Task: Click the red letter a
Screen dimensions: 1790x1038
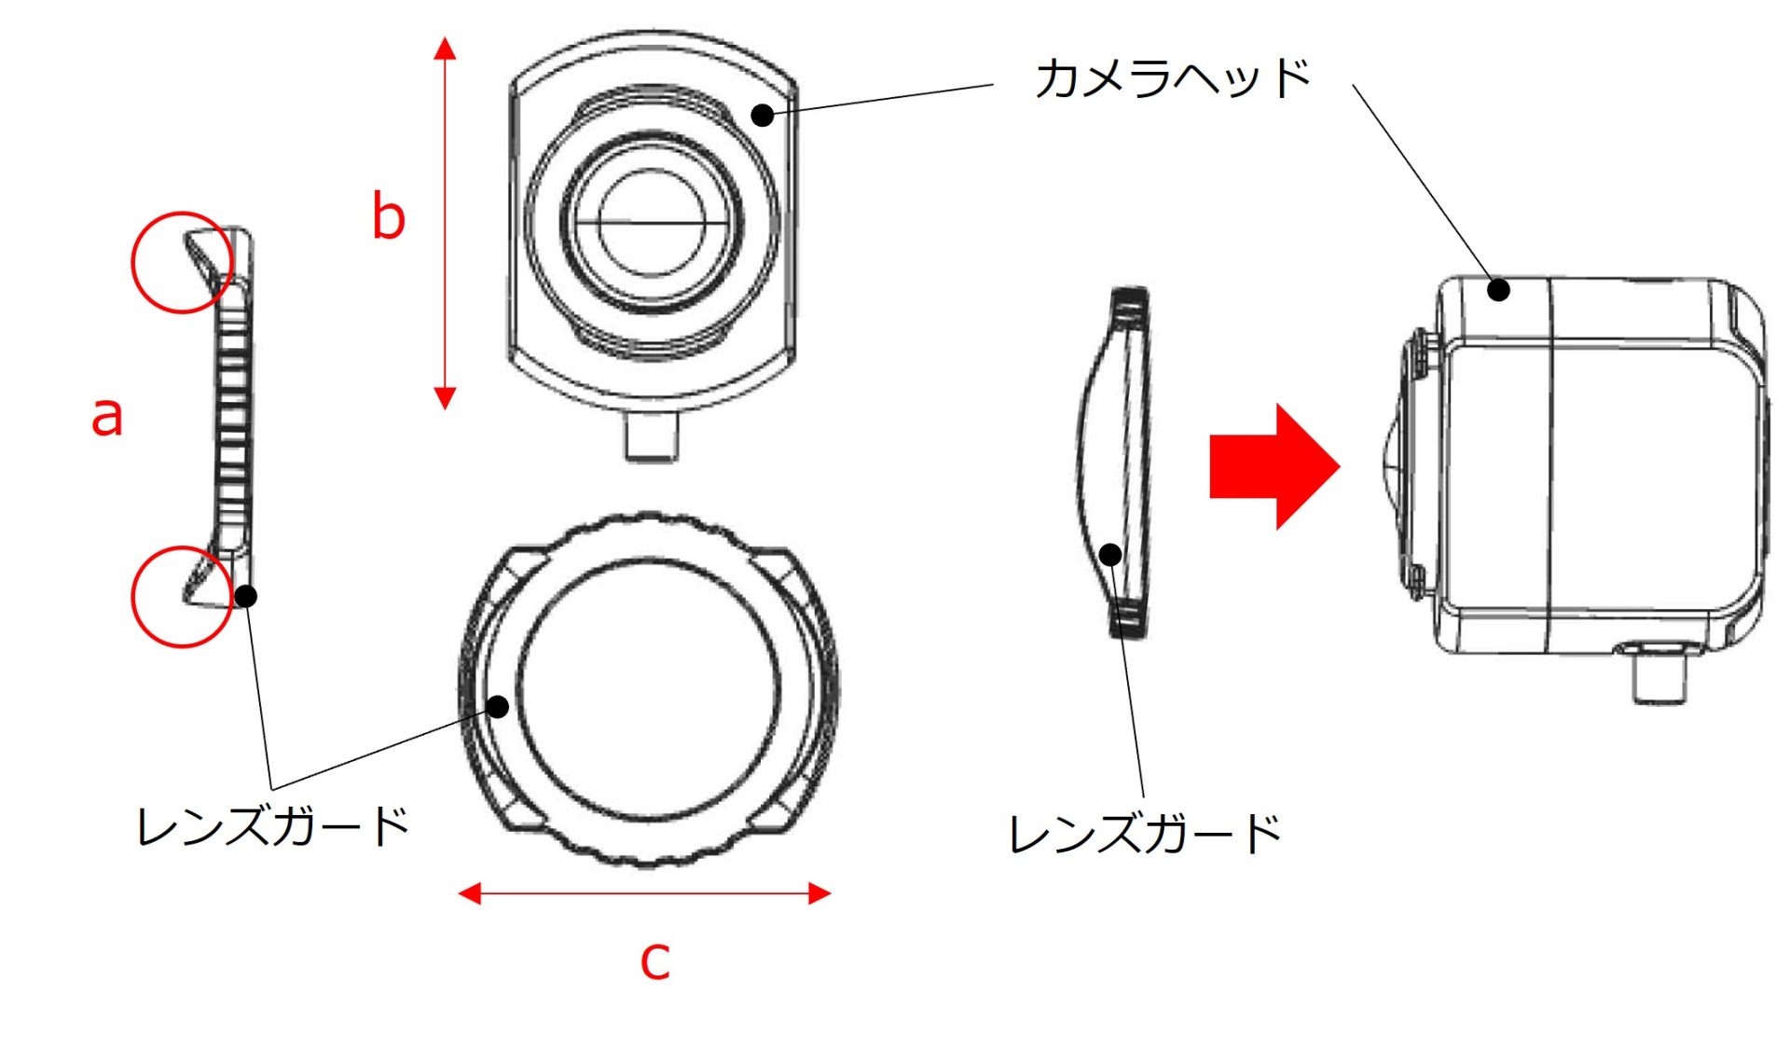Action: (x=107, y=417)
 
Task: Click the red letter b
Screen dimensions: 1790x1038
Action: (x=388, y=215)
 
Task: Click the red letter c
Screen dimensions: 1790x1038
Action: (x=654, y=961)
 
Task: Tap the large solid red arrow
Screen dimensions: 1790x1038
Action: (x=1274, y=466)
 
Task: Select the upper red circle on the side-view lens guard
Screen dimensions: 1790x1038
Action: (x=182, y=262)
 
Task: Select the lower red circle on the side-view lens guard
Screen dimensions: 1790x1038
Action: (x=182, y=597)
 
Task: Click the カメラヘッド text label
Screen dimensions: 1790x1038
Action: (x=1173, y=77)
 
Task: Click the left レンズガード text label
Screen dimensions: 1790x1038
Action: (x=272, y=826)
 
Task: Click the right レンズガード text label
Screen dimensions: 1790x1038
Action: (x=1145, y=833)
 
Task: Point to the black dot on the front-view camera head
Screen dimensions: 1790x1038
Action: (x=763, y=115)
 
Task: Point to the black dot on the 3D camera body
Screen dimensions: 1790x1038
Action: (x=1498, y=290)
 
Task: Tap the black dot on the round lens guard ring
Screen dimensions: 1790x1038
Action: (x=498, y=707)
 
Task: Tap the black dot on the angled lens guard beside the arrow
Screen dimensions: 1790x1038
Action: (x=1109, y=555)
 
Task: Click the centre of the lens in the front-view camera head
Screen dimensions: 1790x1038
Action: (x=652, y=223)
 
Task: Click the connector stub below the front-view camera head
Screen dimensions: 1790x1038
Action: (x=651, y=437)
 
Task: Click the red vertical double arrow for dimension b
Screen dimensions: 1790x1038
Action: (x=446, y=224)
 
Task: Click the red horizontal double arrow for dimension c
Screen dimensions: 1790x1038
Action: (x=644, y=893)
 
